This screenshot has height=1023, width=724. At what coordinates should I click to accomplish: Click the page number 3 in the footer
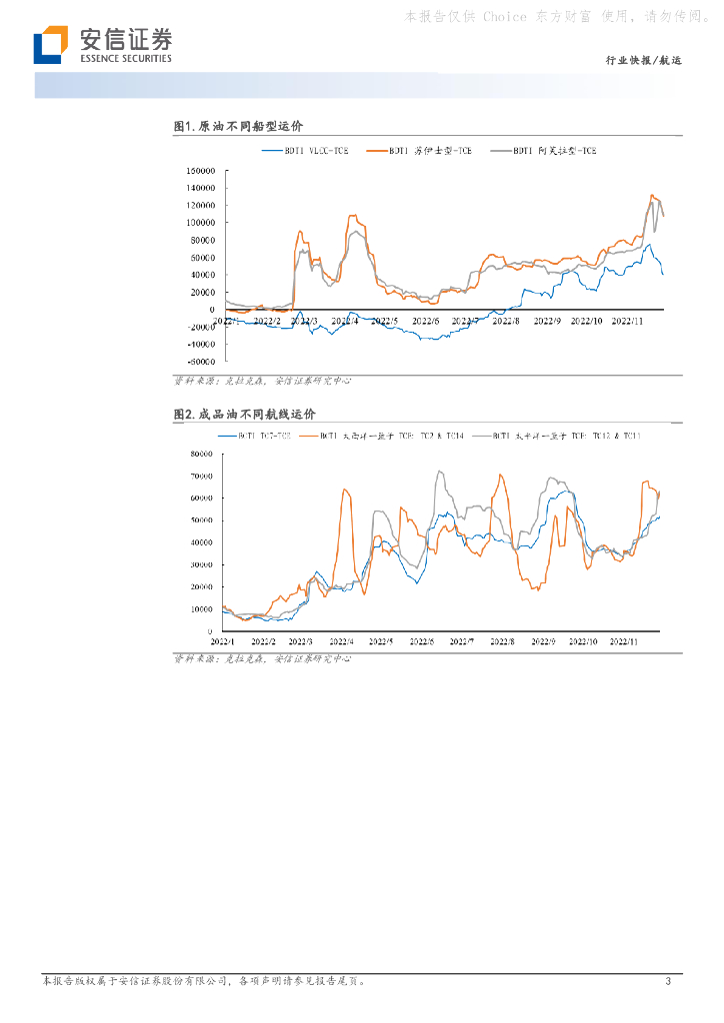click(668, 982)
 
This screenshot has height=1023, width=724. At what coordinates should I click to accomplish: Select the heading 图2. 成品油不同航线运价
click(244, 414)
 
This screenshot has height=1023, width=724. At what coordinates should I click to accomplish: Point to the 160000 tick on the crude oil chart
click(200, 170)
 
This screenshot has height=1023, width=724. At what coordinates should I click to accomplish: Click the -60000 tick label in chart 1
click(200, 362)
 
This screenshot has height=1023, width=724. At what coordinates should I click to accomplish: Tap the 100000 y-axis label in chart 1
click(200, 222)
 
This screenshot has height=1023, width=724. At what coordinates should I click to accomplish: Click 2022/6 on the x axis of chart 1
click(424, 321)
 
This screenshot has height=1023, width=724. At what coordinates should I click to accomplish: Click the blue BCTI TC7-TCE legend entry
click(262, 436)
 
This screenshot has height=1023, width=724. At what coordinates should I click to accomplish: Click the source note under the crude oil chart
click(262, 381)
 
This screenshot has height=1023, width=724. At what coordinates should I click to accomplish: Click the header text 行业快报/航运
click(643, 62)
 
